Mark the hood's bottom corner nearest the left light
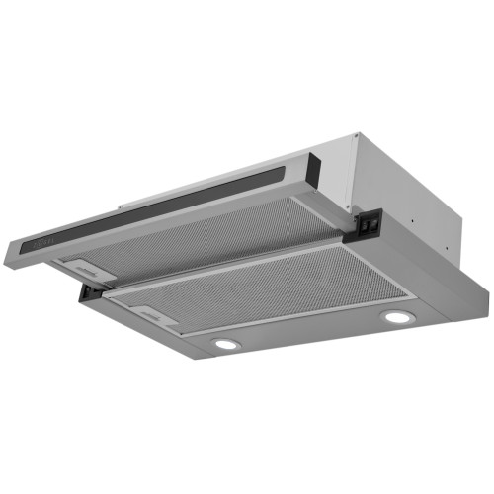[x=197, y=358]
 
